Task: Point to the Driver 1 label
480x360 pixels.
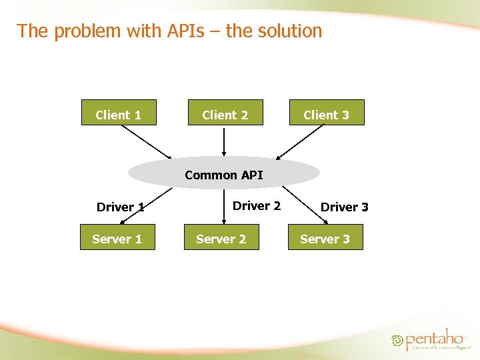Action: (x=121, y=207)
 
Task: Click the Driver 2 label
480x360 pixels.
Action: (x=257, y=205)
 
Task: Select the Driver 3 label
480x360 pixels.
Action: (x=345, y=207)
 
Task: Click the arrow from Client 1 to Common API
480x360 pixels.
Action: (x=146, y=142)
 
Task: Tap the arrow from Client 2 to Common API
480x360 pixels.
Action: (x=224, y=141)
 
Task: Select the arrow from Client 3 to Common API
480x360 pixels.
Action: (x=307, y=142)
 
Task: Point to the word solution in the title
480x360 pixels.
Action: (x=289, y=31)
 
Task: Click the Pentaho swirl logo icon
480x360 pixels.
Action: (x=397, y=340)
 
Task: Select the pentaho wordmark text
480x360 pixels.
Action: (x=435, y=339)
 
